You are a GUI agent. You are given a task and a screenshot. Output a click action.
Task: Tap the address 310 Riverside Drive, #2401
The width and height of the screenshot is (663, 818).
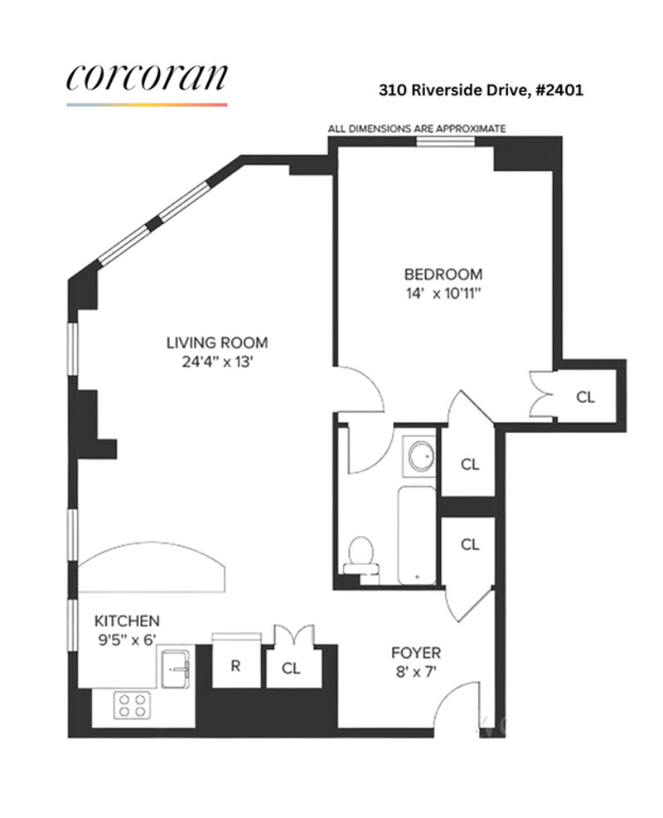click(x=481, y=90)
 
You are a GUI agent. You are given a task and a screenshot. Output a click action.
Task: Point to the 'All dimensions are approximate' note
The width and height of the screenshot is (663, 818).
click(x=417, y=129)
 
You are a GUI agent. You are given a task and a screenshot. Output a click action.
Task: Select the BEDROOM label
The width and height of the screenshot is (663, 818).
click(x=443, y=274)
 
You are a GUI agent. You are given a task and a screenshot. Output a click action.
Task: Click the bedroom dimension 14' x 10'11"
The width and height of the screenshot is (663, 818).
click(x=443, y=293)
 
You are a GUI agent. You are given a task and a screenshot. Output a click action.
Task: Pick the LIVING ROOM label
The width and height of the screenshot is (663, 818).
click(x=217, y=343)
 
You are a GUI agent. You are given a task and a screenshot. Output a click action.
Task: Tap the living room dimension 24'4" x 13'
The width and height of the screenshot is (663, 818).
click(x=217, y=362)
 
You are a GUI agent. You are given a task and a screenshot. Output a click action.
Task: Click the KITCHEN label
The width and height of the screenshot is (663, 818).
click(x=127, y=621)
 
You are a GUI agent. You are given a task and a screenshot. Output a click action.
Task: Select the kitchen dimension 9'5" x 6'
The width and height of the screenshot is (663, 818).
click(x=127, y=640)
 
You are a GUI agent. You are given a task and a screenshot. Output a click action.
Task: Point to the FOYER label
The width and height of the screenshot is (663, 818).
click(x=416, y=653)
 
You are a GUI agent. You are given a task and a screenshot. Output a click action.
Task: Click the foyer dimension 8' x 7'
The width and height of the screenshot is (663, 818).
click(x=416, y=671)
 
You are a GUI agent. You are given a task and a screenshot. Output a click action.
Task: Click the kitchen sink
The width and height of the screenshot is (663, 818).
click(x=176, y=669)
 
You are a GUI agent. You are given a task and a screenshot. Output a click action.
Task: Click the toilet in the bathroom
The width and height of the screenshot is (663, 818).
click(x=361, y=560)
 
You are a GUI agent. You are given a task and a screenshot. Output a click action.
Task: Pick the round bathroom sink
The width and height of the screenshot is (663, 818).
click(x=421, y=456)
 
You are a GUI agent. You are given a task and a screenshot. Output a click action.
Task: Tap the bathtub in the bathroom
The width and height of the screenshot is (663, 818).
click(x=417, y=536)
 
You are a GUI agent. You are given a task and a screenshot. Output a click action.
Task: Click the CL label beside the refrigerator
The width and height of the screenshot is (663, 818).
click(x=291, y=669)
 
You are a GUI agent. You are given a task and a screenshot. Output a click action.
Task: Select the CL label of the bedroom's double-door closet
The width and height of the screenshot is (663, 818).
click(x=585, y=397)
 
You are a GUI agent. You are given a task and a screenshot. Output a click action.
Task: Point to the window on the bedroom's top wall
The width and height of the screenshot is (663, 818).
click(x=446, y=141)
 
